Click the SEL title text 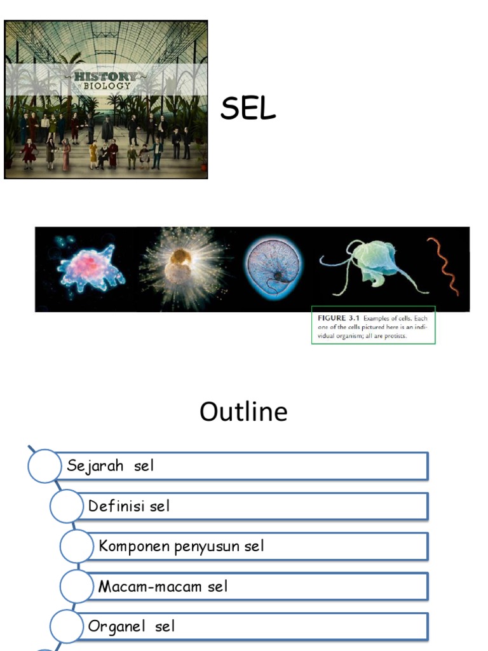(248, 109)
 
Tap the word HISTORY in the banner (105, 76)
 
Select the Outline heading (243, 412)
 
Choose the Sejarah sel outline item (111, 466)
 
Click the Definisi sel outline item (129, 506)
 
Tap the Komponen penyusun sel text (181, 546)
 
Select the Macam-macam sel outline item (163, 586)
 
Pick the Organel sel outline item (131, 626)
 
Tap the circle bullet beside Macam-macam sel (77, 586)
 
